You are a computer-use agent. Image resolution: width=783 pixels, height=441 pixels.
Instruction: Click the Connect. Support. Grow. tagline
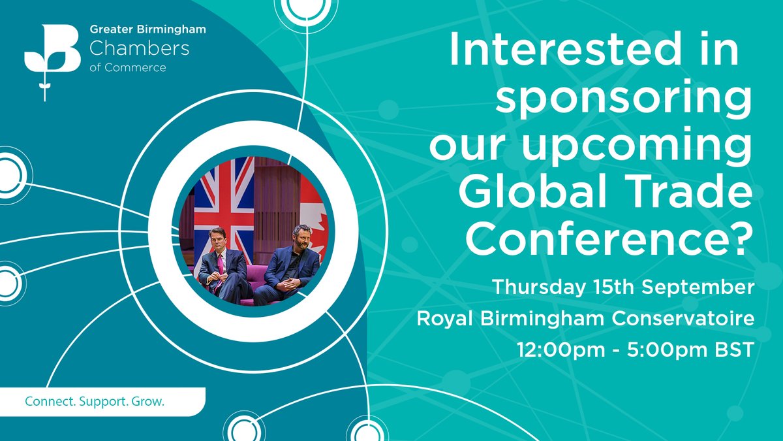[x=95, y=401]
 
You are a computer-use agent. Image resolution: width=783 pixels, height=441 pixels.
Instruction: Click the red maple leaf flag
[x=313, y=209]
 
